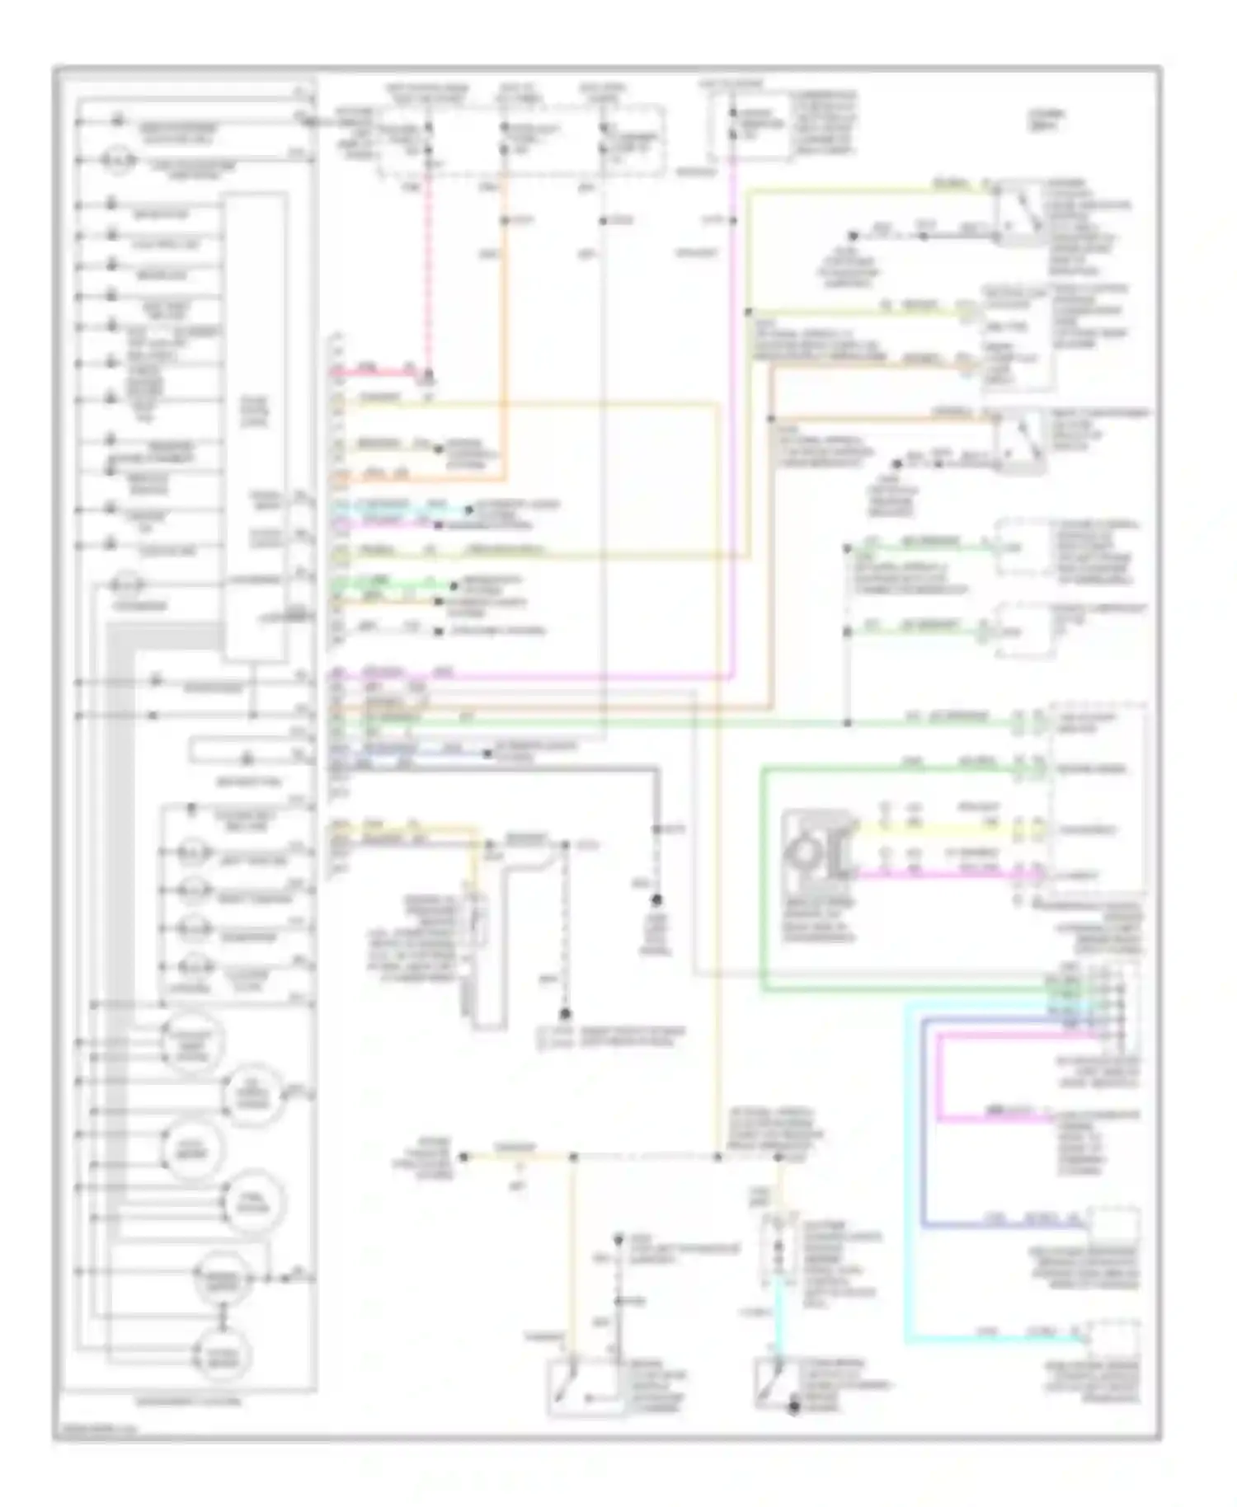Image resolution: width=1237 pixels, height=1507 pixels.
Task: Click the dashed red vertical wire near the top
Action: [428, 272]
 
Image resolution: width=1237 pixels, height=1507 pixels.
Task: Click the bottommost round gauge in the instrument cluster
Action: [221, 1354]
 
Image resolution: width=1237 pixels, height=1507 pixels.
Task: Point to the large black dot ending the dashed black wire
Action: [566, 1014]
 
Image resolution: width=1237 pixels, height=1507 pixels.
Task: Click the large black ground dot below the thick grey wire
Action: [658, 899]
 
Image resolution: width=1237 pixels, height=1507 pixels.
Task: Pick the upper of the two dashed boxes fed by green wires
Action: [1023, 547]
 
